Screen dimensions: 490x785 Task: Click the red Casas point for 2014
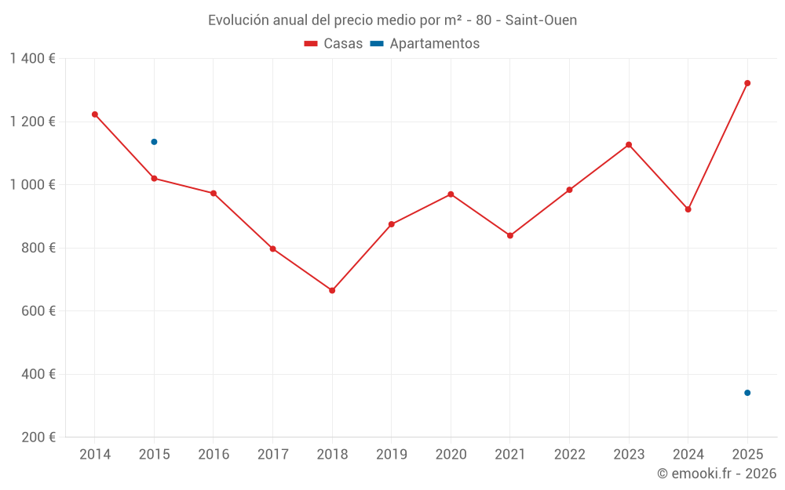pyautogui.click(x=95, y=114)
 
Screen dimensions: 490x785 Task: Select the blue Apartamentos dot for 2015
pyautogui.click(x=154, y=142)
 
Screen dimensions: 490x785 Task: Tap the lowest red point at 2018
pyautogui.click(x=332, y=291)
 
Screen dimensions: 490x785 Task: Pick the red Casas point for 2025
pyautogui.click(x=747, y=83)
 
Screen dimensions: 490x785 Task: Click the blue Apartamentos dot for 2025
pyautogui.click(x=747, y=393)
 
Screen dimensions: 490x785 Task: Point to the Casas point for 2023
pyautogui.click(x=629, y=144)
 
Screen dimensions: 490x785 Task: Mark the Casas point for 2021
pyautogui.click(x=510, y=236)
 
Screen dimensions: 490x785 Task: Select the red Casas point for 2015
pyautogui.click(x=154, y=179)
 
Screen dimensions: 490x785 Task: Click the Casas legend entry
pyautogui.click(x=334, y=44)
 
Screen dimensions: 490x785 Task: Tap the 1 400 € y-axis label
pyautogui.click(x=33, y=59)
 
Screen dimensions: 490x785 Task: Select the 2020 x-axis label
pyautogui.click(x=451, y=455)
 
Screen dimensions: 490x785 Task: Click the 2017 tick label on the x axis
pyautogui.click(x=272, y=455)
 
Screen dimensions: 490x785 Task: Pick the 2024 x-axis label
pyautogui.click(x=688, y=455)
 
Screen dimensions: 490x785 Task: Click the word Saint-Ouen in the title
pyautogui.click(x=541, y=20)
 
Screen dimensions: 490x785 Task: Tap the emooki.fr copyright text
pyautogui.click(x=716, y=474)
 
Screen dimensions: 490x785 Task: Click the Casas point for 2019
pyautogui.click(x=392, y=224)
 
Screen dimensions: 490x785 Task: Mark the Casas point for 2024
pyautogui.click(x=688, y=209)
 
